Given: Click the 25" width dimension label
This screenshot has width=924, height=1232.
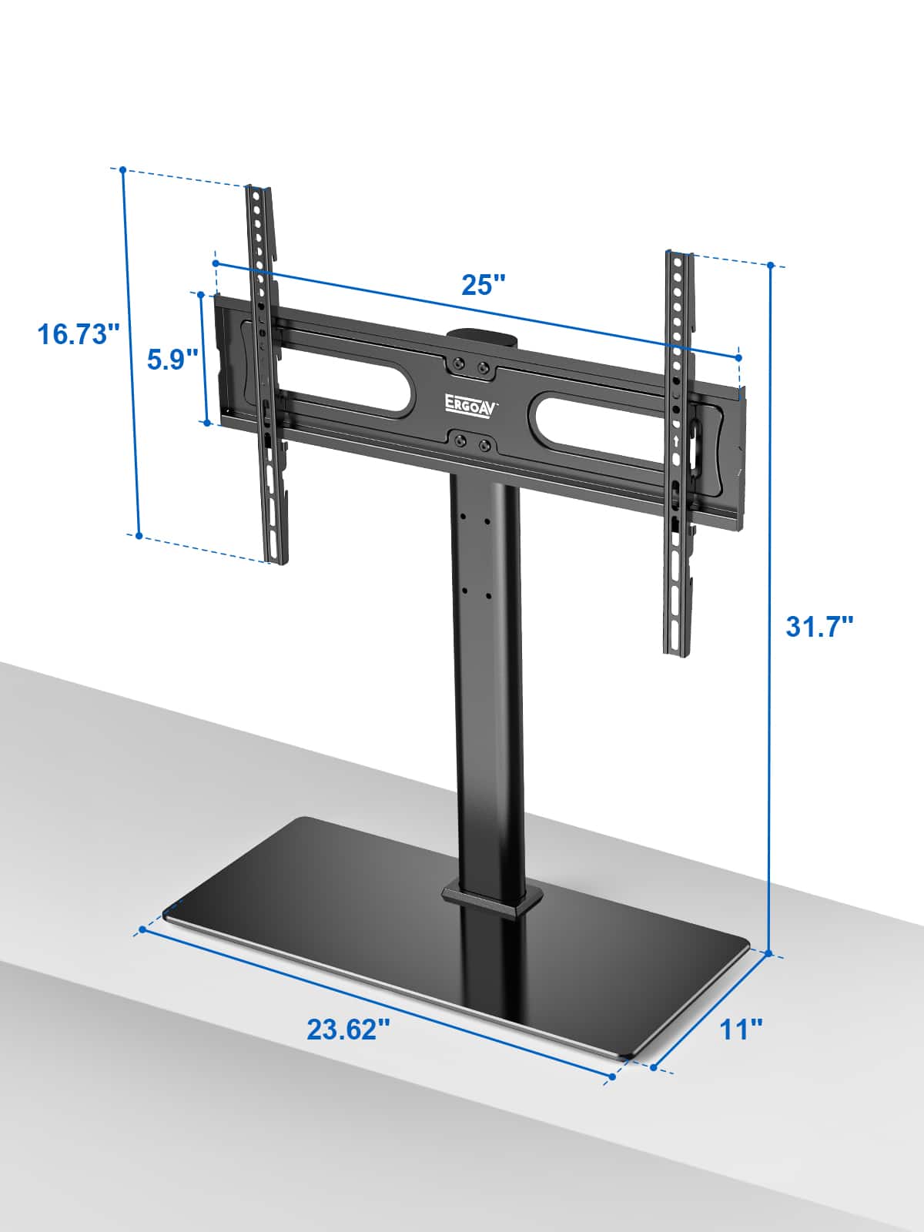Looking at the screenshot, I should [x=483, y=284].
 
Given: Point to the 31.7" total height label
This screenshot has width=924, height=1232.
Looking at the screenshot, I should [x=819, y=625].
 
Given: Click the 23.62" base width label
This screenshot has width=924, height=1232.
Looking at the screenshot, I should [x=349, y=1029].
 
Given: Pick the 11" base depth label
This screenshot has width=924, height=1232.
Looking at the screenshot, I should [x=741, y=1029].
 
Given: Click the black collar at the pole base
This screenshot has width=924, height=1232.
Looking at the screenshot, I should [x=491, y=899].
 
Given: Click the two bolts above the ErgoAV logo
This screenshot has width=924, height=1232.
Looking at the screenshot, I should [x=470, y=365].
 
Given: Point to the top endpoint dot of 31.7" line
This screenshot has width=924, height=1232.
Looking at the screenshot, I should [x=770, y=266].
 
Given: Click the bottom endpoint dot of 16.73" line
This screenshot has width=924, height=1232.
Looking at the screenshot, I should [x=139, y=535].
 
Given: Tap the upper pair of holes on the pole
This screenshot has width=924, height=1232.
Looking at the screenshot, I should [x=475, y=518].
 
